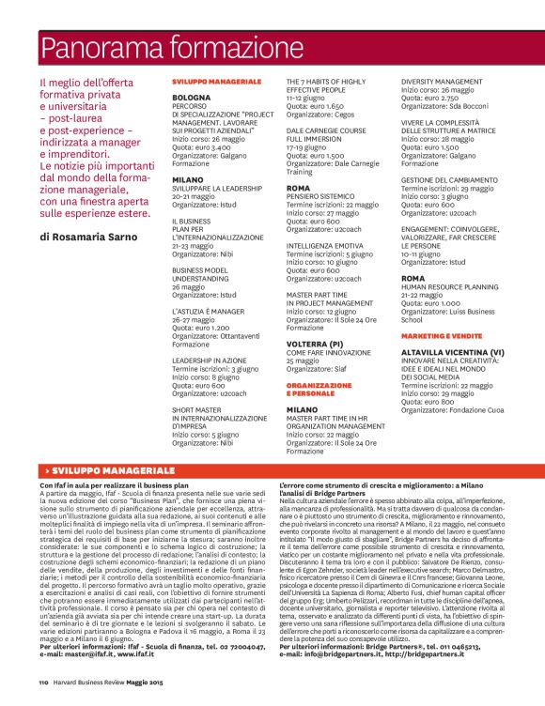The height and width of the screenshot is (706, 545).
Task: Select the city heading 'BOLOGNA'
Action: click(x=192, y=98)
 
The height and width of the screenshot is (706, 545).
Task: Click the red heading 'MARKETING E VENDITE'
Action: click(x=435, y=335)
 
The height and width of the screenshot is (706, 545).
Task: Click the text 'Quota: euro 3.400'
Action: click(x=201, y=147)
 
